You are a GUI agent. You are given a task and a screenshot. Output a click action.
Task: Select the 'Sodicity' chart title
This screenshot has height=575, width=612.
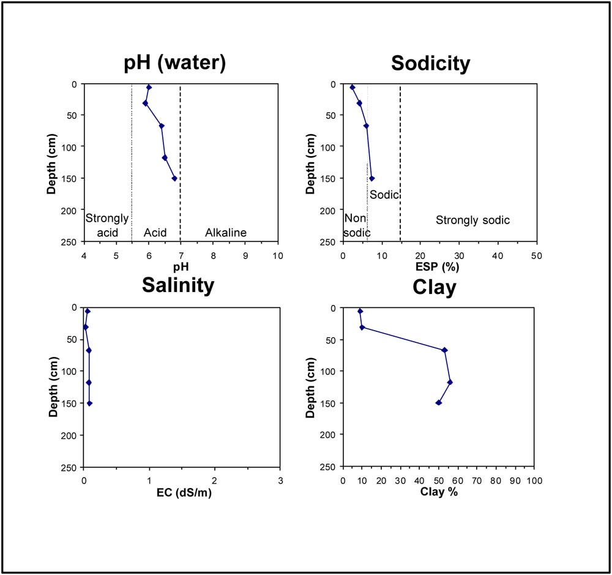(430, 62)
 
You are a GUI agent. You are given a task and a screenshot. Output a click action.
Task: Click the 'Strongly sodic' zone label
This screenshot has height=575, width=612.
(472, 220)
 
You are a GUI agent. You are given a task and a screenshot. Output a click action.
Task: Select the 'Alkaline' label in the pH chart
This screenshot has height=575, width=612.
(226, 233)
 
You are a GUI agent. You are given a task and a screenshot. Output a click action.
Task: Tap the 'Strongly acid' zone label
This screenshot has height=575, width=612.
(107, 225)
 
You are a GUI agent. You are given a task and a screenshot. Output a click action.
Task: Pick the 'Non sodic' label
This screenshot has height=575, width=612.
(357, 225)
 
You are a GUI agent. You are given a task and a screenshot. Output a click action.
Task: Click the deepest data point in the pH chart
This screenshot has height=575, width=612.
(174, 178)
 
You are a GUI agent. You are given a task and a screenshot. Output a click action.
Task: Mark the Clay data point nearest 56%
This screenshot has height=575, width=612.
(450, 382)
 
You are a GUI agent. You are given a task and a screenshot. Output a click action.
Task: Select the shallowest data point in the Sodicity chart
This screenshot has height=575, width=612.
(353, 88)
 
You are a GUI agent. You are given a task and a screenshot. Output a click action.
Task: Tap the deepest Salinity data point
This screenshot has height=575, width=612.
(89, 403)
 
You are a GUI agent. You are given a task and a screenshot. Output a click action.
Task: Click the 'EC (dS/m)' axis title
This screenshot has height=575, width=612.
(181, 492)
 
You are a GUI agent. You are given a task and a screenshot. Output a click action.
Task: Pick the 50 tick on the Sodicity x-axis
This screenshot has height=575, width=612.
(536, 255)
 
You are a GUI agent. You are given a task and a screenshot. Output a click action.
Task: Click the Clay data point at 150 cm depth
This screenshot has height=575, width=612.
(438, 402)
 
